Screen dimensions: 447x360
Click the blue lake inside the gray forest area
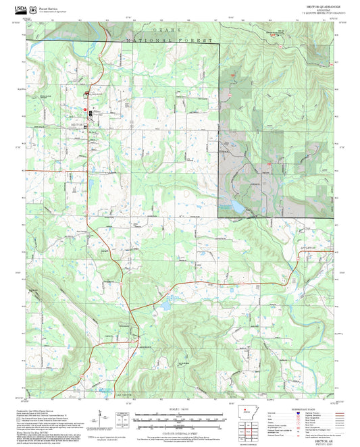pyautogui.click(x=236, y=206)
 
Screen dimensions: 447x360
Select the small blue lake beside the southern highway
pyautogui.click(x=164, y=307)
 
